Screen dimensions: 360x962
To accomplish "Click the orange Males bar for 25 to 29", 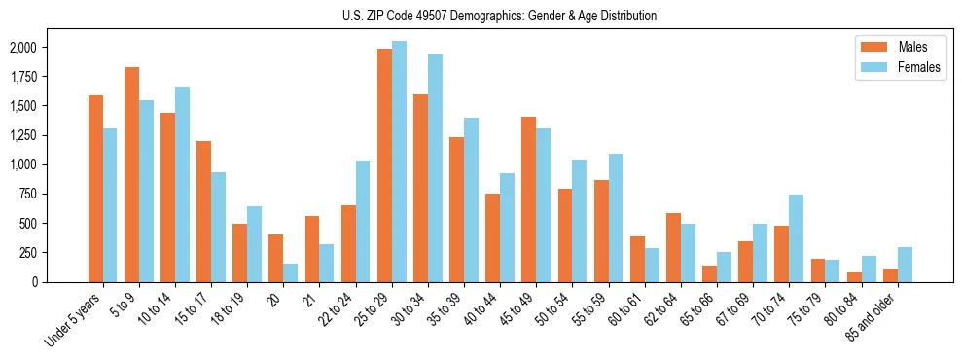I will pos(384,165).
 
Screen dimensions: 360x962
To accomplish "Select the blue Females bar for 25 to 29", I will pos(399,162).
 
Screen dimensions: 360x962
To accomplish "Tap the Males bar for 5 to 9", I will pos(131,175).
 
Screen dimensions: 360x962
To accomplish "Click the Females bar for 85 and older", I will pos(905,265).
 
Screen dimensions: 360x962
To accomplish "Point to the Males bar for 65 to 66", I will pos(709,273).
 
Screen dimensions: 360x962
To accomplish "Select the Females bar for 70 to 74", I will pos(796,238).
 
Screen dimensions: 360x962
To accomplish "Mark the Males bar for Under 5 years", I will pos(95,189).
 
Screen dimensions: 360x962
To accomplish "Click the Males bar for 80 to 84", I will pos(853,277).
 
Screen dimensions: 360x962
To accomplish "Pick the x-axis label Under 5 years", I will pos(74,321).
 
